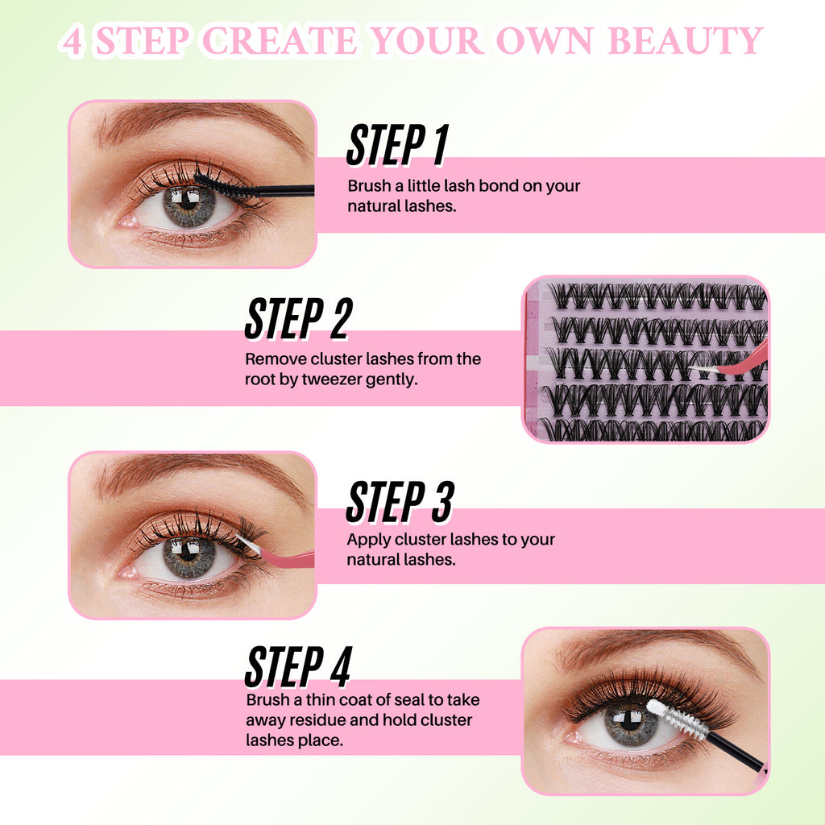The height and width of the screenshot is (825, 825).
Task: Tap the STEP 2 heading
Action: point(298,318)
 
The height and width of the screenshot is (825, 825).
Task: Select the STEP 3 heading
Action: point(400,501)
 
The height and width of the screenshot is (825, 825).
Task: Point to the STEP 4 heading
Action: point(298,666)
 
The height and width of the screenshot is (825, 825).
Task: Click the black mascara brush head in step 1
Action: point(219,184)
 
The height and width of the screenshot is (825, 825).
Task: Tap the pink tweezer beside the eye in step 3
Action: point(282,556)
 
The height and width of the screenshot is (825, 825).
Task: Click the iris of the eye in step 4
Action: point(631,722)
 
